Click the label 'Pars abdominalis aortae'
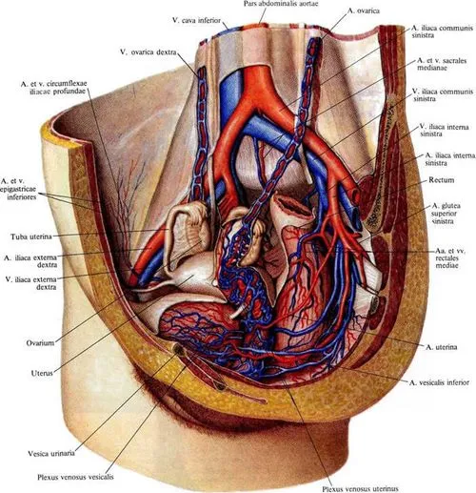tap(281, 4)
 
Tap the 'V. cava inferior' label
tap(196, 20)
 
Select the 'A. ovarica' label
tap(364, 10)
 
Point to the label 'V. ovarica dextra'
tap(148, 52)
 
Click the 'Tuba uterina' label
tap(31, 236)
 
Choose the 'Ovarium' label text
tap(40, 343)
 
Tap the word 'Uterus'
tap(42, 373)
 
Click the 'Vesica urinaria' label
tap(51, 453)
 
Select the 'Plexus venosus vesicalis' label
tap(75, 477)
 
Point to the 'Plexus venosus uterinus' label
tap(360, 488)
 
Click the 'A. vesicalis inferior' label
tap(439, 382)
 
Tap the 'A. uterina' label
tap(442, 347)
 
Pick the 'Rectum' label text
tap(442, 180)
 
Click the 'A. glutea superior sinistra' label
tap(446, 214)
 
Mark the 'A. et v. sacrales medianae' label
tap(442, 64)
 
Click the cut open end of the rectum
tap(290, 207)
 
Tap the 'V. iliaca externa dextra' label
tap(31, 283)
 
